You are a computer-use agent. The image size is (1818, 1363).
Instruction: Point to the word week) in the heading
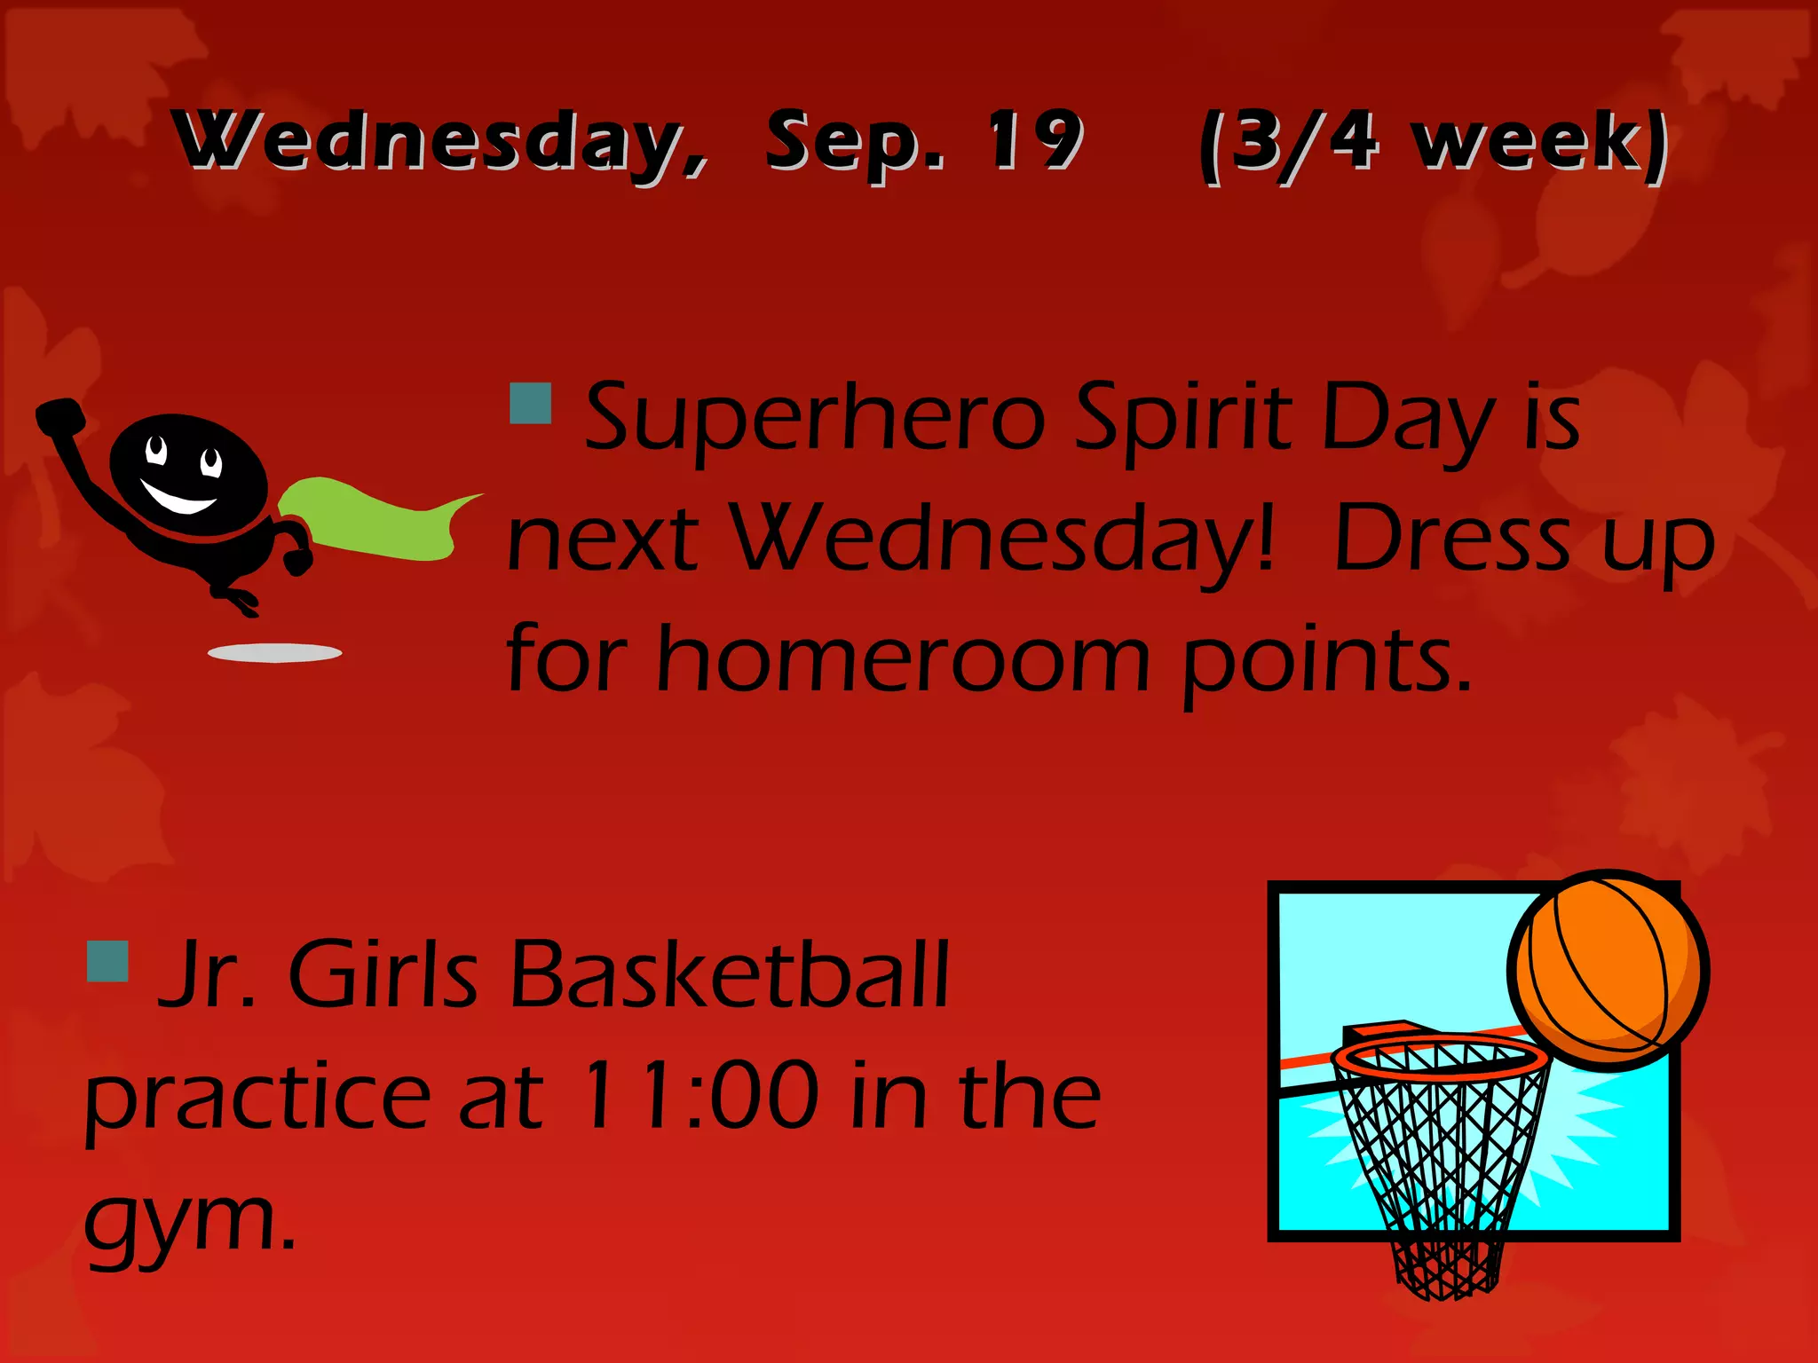pyautogui.click(x=1541, y=142)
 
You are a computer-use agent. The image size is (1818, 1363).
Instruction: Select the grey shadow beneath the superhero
pyautogui.click(x=274, y=653)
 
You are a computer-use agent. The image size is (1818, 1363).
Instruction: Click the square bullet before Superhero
pyautogui.click(x=531, y=403)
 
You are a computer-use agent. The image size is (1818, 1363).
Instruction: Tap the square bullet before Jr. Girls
pyautogui.click(x=108, y=961)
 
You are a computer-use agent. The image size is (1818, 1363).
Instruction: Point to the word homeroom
pyautogui.click(x=902, y=660)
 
